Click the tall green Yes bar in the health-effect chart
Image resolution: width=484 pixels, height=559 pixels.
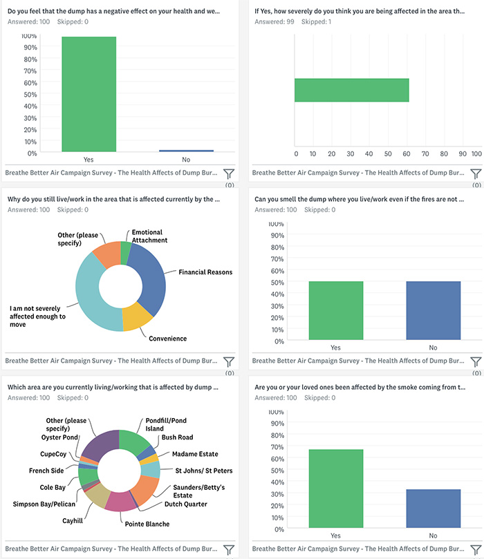(x=89, y=94)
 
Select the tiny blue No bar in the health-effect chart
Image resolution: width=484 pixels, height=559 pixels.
(x=187, y=151)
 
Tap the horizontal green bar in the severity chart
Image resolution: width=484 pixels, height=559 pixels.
(x=352, y=90)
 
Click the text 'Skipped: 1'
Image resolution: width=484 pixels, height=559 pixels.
(x=315, y=22)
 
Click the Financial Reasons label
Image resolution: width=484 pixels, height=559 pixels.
(x=205, y=272)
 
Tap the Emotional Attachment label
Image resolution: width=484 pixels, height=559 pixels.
(x=149, y=236)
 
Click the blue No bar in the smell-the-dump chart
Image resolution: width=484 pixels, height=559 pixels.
(x=433, y=311)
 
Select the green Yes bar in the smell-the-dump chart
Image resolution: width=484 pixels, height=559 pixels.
(x=336, y=311)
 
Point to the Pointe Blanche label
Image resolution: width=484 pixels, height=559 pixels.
(x=147, y=524)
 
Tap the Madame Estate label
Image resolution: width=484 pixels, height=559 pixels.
(x=194, y=454)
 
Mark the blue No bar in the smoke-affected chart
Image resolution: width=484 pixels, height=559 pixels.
(x=433, y=509)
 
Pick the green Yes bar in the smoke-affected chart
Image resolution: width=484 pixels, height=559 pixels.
(x=336, y=489)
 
